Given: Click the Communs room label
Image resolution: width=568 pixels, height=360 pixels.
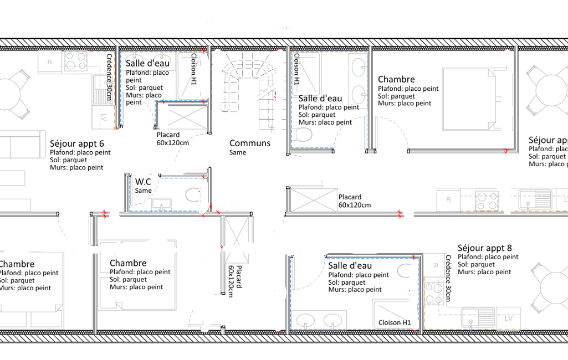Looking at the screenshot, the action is pos(250,143).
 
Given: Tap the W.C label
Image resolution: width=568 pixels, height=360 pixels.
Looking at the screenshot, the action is pos(143,182).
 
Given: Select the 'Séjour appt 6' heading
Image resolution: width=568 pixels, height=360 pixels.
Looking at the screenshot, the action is pos(77,143).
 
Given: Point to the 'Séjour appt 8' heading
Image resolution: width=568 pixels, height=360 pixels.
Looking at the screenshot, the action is pos(485,248).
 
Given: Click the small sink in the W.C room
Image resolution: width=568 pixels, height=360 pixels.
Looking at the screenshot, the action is pos(162,204).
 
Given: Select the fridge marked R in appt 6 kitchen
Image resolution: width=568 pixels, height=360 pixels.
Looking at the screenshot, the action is pos(50,62).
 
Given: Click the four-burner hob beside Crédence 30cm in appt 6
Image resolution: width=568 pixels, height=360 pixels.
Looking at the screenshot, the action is pos(76,61).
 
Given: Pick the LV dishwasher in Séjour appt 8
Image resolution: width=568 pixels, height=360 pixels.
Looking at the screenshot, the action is pos(508,318).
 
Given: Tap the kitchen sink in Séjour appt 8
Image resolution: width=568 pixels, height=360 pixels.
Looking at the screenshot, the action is pos(478,318).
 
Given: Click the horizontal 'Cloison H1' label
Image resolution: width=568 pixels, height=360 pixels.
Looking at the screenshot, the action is pos(395,322).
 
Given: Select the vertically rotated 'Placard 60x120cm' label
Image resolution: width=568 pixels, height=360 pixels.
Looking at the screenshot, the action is pos(235,281).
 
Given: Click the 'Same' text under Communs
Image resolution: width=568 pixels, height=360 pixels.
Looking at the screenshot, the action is pos(238,152).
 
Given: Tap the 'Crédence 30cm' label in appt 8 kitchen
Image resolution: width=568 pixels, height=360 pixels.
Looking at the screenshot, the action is pos(448,278).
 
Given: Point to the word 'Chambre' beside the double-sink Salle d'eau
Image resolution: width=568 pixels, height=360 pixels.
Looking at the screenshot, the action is pos(396,79).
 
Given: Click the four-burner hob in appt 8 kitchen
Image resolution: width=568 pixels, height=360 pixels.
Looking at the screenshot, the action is pos(433,293).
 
